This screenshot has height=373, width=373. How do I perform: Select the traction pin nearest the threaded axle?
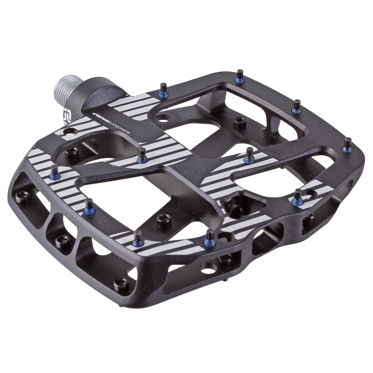click(163, 91)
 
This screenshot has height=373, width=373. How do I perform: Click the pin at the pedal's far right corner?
click(347, 145)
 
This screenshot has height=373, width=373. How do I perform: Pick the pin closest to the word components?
click(142, 155)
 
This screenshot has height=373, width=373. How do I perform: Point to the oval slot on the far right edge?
click(351, 184)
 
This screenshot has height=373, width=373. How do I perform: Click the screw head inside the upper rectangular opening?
click(239, 121)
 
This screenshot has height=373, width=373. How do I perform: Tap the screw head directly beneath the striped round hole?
click(71, 151)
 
